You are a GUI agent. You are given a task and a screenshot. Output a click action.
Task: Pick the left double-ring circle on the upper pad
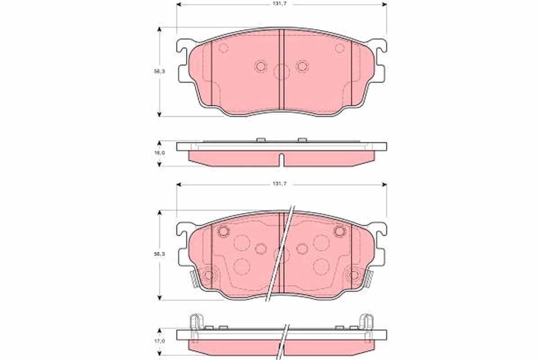pos(260,66)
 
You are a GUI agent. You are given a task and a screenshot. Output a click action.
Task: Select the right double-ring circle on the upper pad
pos(302,66)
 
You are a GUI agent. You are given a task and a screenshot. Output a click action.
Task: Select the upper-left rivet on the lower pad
pos(223,231)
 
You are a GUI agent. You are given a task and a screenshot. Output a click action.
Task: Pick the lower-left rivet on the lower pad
pos(208,274)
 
